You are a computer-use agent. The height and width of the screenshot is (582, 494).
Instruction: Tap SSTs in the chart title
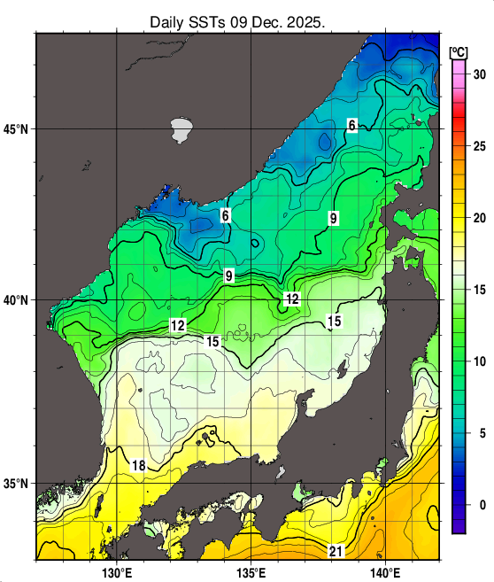click(x=212, y=20)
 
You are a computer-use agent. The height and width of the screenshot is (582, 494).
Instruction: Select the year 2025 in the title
click(x=304, y=20)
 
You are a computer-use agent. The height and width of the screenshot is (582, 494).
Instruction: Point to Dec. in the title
click(x=267, y=20)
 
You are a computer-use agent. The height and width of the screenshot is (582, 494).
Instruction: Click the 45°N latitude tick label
click(x=17, y=129)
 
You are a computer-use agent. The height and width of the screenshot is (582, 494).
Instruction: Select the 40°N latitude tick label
click(x=17, y=300)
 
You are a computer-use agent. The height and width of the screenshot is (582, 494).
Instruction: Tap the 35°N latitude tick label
click(x=17, y=485)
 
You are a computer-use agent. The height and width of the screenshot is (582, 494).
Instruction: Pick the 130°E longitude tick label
click(x=117, y=571)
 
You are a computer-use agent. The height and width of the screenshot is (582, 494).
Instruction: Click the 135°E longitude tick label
click(x=251, y=571)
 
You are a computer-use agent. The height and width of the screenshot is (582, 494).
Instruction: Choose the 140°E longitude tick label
click(x=386, y=571)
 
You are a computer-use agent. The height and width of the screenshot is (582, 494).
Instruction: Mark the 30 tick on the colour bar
click(x=479, y=74)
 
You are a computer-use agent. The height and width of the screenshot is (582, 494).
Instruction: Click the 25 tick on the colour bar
click(x=479, y=146)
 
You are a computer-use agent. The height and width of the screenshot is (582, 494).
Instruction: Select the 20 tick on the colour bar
click(x=479, y=218)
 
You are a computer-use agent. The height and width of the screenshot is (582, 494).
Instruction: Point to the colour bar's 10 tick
click(x=479, y=361)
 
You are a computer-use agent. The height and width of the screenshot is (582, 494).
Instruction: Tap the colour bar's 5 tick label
click(x=479, y=433)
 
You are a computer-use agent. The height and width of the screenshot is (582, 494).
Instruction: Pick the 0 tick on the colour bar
click(x=479, y=505)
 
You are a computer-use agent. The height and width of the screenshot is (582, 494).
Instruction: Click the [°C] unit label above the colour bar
click(x=458, y=50)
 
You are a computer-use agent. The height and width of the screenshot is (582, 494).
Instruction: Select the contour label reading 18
click(x=139, y=466)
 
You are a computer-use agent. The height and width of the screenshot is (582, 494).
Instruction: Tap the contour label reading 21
click(x=336, y=551)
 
